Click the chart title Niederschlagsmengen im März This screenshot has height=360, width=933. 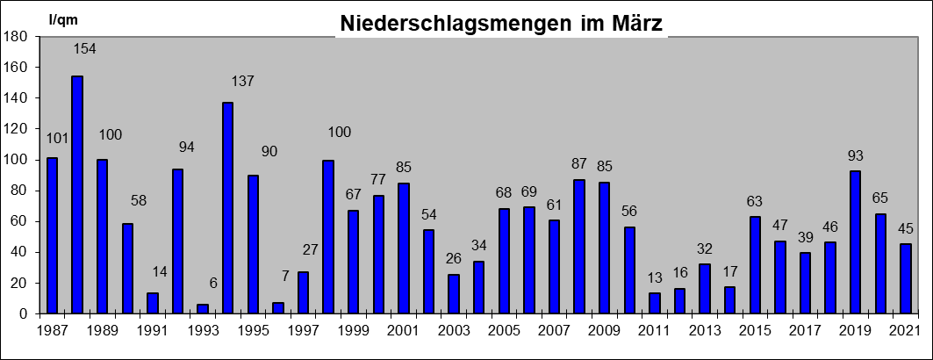point(501,24)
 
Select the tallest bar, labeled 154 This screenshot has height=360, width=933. point(77,194)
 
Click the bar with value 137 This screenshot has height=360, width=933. point(228,207)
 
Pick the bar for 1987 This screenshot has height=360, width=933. point(52,235)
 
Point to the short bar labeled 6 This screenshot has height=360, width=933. point(203,308)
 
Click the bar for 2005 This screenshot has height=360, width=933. point(504,261)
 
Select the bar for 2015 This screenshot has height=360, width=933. point(755,264)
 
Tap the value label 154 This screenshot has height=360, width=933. point(84,49)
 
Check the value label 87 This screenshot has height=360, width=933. point(579,164)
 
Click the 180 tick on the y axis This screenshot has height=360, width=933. point(17,36)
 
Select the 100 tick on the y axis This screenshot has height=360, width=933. point(17,160)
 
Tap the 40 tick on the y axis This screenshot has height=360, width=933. point(20,252)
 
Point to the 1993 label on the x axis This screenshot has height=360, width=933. point(203,330)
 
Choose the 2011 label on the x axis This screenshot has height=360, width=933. point(655,330)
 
